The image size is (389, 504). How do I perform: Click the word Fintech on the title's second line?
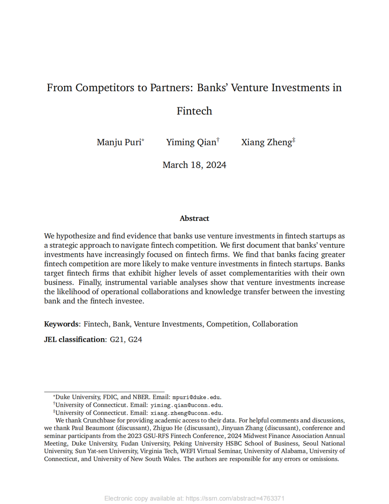pyautogui.click(x=194, y=111)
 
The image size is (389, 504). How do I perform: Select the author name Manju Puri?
pyautogui.click(x=119, y=142)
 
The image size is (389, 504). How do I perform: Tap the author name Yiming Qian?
pyautogui.click(x=191, y=142)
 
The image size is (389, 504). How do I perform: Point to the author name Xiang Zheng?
pyautogui.click(x=267, y=142)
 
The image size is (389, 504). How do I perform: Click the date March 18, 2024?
pyautogui.click(x=194, y=165)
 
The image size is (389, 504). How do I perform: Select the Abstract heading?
pyautogui.click(x=194, y=218)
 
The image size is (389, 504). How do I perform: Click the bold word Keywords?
pyautogui.click(x=61, y=324)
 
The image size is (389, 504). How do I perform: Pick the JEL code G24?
pyautogui.click(x=135, y=340)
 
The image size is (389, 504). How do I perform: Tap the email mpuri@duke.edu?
pyautogui.click(x=196, y=398)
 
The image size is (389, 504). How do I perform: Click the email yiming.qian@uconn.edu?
pyautogui.click(x=186, y=405)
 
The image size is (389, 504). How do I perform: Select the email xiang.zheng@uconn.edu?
pyautogui.click(x=186, y=413)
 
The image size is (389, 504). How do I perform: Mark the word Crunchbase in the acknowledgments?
pyautogui.click(x=99, y=421)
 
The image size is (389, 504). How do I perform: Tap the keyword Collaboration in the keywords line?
pyautogui.click(x=275, y=324)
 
